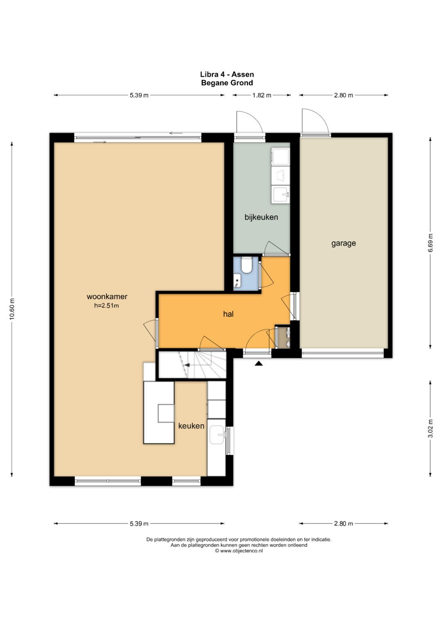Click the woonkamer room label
(107, 297)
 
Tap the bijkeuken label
(261, 217)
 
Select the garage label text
(343, 243)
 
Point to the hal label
(228, 314)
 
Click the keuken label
(191, 426)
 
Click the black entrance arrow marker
(259, 363)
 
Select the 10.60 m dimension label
(12, 309)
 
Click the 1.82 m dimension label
(262, 95)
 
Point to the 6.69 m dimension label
(431, 243)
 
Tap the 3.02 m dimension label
(431, 429)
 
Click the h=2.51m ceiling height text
(106, 305)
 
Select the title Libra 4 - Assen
(227, 74)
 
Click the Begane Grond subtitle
(227, 83)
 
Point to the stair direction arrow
(186, 365)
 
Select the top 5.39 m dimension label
(139, 95)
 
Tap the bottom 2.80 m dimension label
(343, 523)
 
